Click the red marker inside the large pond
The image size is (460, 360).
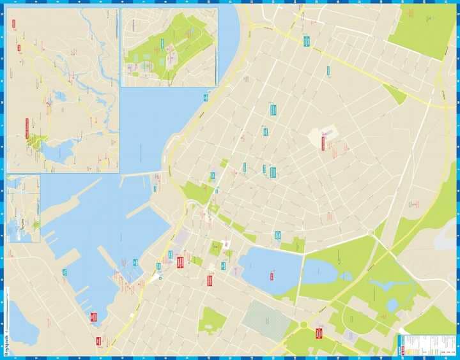[x=272, y=276]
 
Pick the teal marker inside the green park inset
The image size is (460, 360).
[x=164, y=43]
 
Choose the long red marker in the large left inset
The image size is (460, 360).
[x=27, y=128]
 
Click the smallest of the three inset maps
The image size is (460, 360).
[x=24, y=209]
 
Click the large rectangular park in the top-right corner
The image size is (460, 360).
[x=422, y=31]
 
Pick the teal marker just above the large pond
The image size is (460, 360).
[x=278, y=235]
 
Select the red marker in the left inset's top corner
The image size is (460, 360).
[x=13, y=24]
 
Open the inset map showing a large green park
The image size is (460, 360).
[x=169, y=46]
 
